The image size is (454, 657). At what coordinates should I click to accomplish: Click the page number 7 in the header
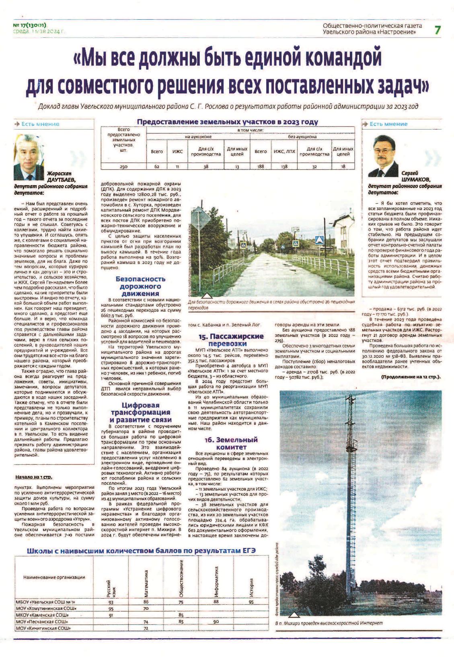coord(438,29)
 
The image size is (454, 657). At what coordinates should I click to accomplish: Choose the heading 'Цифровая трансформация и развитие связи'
coord(140,412)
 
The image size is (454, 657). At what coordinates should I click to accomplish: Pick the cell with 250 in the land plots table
coord(124,166)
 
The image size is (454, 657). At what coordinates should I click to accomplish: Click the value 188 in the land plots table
coord(261,166)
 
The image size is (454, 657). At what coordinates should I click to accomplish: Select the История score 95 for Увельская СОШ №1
coord(251,602)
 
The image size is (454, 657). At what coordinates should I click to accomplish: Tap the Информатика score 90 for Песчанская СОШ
coord(216,621)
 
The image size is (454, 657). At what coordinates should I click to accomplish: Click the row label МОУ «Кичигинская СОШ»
coord(42,628)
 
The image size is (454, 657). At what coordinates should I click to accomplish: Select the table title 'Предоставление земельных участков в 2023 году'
coord(228,122)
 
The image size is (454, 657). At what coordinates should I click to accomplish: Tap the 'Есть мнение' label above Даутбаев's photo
coord(40,124)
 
